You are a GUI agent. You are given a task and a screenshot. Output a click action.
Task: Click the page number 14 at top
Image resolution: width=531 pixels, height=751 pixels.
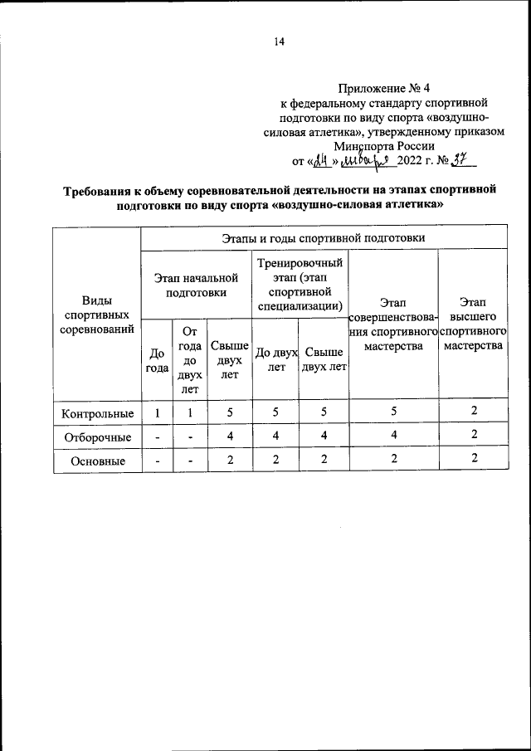click(x=279, y=44)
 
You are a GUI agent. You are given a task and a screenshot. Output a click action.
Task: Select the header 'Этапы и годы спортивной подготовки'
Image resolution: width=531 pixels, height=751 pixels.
click(x=324, y=238)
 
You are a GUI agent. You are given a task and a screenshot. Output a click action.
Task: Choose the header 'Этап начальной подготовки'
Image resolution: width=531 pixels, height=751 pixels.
click(x=196, y=285)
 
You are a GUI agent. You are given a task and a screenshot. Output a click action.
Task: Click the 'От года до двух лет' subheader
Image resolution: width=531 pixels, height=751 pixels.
click(x=189, y=359)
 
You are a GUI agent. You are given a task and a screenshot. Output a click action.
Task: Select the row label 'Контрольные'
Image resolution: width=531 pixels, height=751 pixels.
click(x=97, y=412)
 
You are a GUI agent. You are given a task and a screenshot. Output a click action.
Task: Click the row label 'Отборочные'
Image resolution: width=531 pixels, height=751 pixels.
click(x=97, y=436)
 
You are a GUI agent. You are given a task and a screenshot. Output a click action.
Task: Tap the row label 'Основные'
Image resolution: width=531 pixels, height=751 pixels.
click(x=97, y=461)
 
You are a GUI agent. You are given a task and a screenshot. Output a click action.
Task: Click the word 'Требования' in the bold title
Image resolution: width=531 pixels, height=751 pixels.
click(x=102, y=190)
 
